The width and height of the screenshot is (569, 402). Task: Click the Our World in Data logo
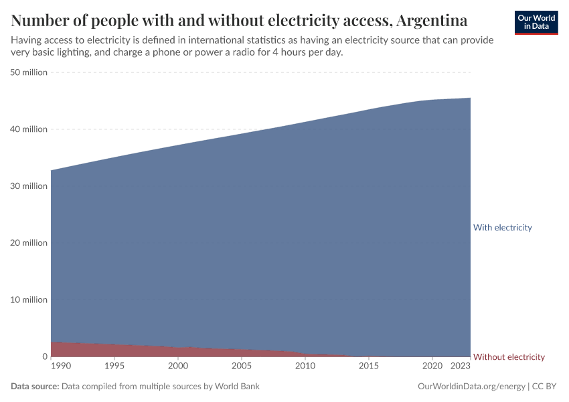click(536, 22)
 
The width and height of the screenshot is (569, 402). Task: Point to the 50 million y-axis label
click(29, 72)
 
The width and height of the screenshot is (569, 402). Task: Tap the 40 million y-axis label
click(29, 129)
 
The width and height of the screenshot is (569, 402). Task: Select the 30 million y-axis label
click(29, 186)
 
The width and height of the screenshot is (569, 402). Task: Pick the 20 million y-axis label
click(29, 243)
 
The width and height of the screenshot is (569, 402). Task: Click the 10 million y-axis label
click(29, 299)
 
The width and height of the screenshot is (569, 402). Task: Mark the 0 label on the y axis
click(44, 356)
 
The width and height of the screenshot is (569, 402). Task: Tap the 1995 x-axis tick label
click(114, 366)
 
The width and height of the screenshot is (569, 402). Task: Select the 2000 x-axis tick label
click(178, 366)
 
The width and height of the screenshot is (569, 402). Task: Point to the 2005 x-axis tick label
click(242, 366)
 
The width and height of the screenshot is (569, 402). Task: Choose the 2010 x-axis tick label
click(305, 366)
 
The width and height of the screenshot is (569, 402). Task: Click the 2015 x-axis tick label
click(369, 366)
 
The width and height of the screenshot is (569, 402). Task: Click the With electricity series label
click(502, 228)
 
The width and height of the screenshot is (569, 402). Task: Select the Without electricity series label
click(509, 357)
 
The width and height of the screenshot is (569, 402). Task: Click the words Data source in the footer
click(35, 387)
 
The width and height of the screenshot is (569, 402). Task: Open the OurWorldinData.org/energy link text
click(471, 387)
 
